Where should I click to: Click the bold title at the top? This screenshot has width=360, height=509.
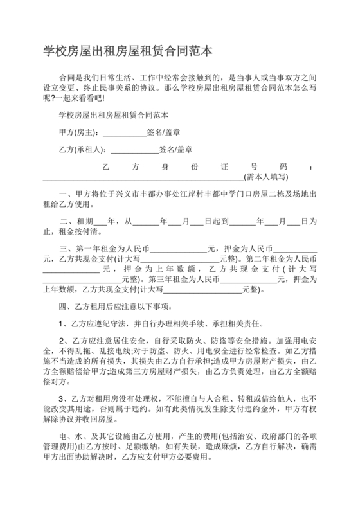pos(128,49)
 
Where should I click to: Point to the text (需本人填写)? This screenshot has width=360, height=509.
pos(265,175)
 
